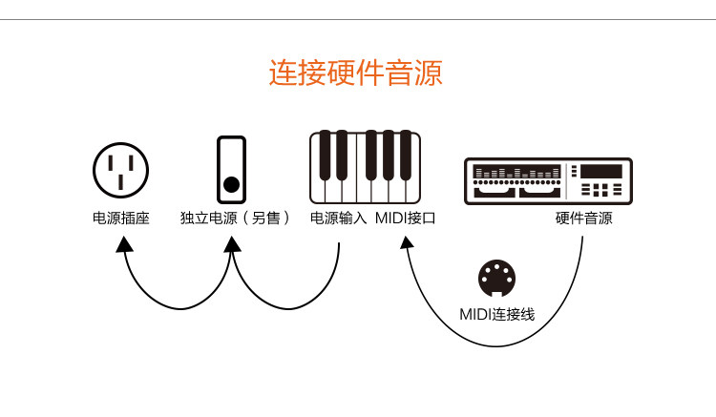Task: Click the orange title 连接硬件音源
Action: tap(355, 73)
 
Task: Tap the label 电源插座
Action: tap(121, 219)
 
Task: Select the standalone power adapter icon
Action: tap(231, 169)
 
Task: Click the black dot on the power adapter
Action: tap(231, 184)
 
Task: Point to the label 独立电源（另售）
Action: tap(235, 219)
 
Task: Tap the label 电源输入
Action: tap(338, 219)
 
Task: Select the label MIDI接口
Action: tap(405, 219)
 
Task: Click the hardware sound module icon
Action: tap(548, 180)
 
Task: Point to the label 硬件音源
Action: tap(583, 219)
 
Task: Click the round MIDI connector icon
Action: tap(496, 280)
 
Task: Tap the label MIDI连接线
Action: tap(496, 314)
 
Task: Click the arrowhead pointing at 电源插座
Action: tap(124, 245)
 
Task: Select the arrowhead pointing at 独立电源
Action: tap(232, 245)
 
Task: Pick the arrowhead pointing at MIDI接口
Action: tap(407, 245)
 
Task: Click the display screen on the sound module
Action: tap(601, 172)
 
